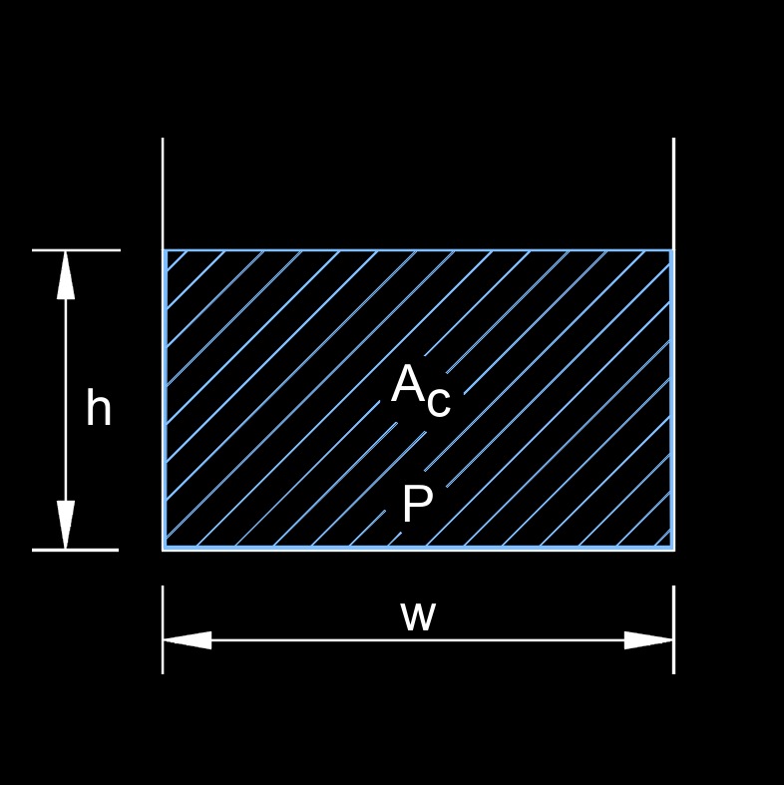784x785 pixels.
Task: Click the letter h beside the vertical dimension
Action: (x=98, y=409)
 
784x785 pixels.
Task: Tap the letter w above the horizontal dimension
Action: (x=418, y=616)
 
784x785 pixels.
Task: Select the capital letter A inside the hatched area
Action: (x=408, y=384)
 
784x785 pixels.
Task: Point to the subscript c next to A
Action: (x=439, y=401)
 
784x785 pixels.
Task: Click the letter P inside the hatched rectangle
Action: (x=416, y=506)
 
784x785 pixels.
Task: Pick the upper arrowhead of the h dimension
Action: (x=66, y=274)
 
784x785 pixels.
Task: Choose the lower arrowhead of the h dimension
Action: (x=66, y=525)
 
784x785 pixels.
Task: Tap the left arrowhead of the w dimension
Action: (x=188, y=640)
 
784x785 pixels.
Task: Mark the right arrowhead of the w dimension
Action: (x=649, y=640)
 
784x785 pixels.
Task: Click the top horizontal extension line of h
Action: (x=76, y=250)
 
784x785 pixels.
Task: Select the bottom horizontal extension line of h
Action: (x=76, y=550)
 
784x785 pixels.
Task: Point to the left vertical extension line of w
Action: (x=163, y=628)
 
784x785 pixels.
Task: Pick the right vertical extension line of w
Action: (x=674, y=628)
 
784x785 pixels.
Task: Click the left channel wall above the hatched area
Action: (x=163, y=194)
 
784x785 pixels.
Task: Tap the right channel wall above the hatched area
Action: (x=674, y=194)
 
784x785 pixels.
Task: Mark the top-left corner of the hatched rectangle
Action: (x=166, y=250)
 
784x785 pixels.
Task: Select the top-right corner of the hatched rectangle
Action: (x=671, y=250)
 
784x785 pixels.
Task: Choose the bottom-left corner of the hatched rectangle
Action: (x=166, y=548)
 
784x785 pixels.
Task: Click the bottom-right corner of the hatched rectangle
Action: (x=671, y=548)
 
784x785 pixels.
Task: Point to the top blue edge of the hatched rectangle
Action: (x=419, y=250)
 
